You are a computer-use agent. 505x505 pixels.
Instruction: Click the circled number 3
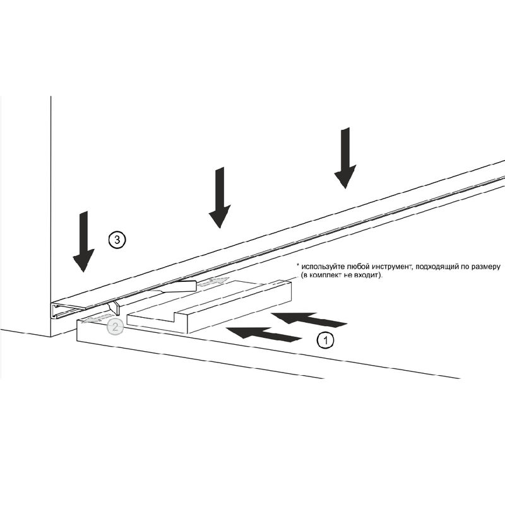tap(117, 240)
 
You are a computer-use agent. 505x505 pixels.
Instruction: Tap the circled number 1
tap(326, 340)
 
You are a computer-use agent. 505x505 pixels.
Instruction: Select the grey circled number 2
tap(115, 327)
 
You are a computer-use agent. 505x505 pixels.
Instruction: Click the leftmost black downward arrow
tap(84, 241)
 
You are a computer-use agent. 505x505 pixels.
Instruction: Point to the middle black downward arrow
tap(220, 197)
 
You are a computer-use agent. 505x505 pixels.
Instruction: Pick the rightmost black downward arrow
tap(345, 158)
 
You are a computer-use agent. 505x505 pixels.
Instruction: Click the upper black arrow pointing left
tap(309, 320)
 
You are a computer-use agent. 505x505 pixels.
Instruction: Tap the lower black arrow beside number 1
tap(264, 334)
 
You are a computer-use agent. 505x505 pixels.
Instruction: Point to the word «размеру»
tap(485, 267)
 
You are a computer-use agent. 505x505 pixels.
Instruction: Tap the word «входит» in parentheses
tap(365, 276)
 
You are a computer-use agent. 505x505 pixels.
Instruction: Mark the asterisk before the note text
tap(298, 265)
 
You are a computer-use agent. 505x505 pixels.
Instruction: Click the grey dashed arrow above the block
tap(213, 282)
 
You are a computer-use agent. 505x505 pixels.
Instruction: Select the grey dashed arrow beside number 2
tap(97, 318)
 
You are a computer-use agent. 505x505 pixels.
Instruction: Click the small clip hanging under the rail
tap(115, 308)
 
